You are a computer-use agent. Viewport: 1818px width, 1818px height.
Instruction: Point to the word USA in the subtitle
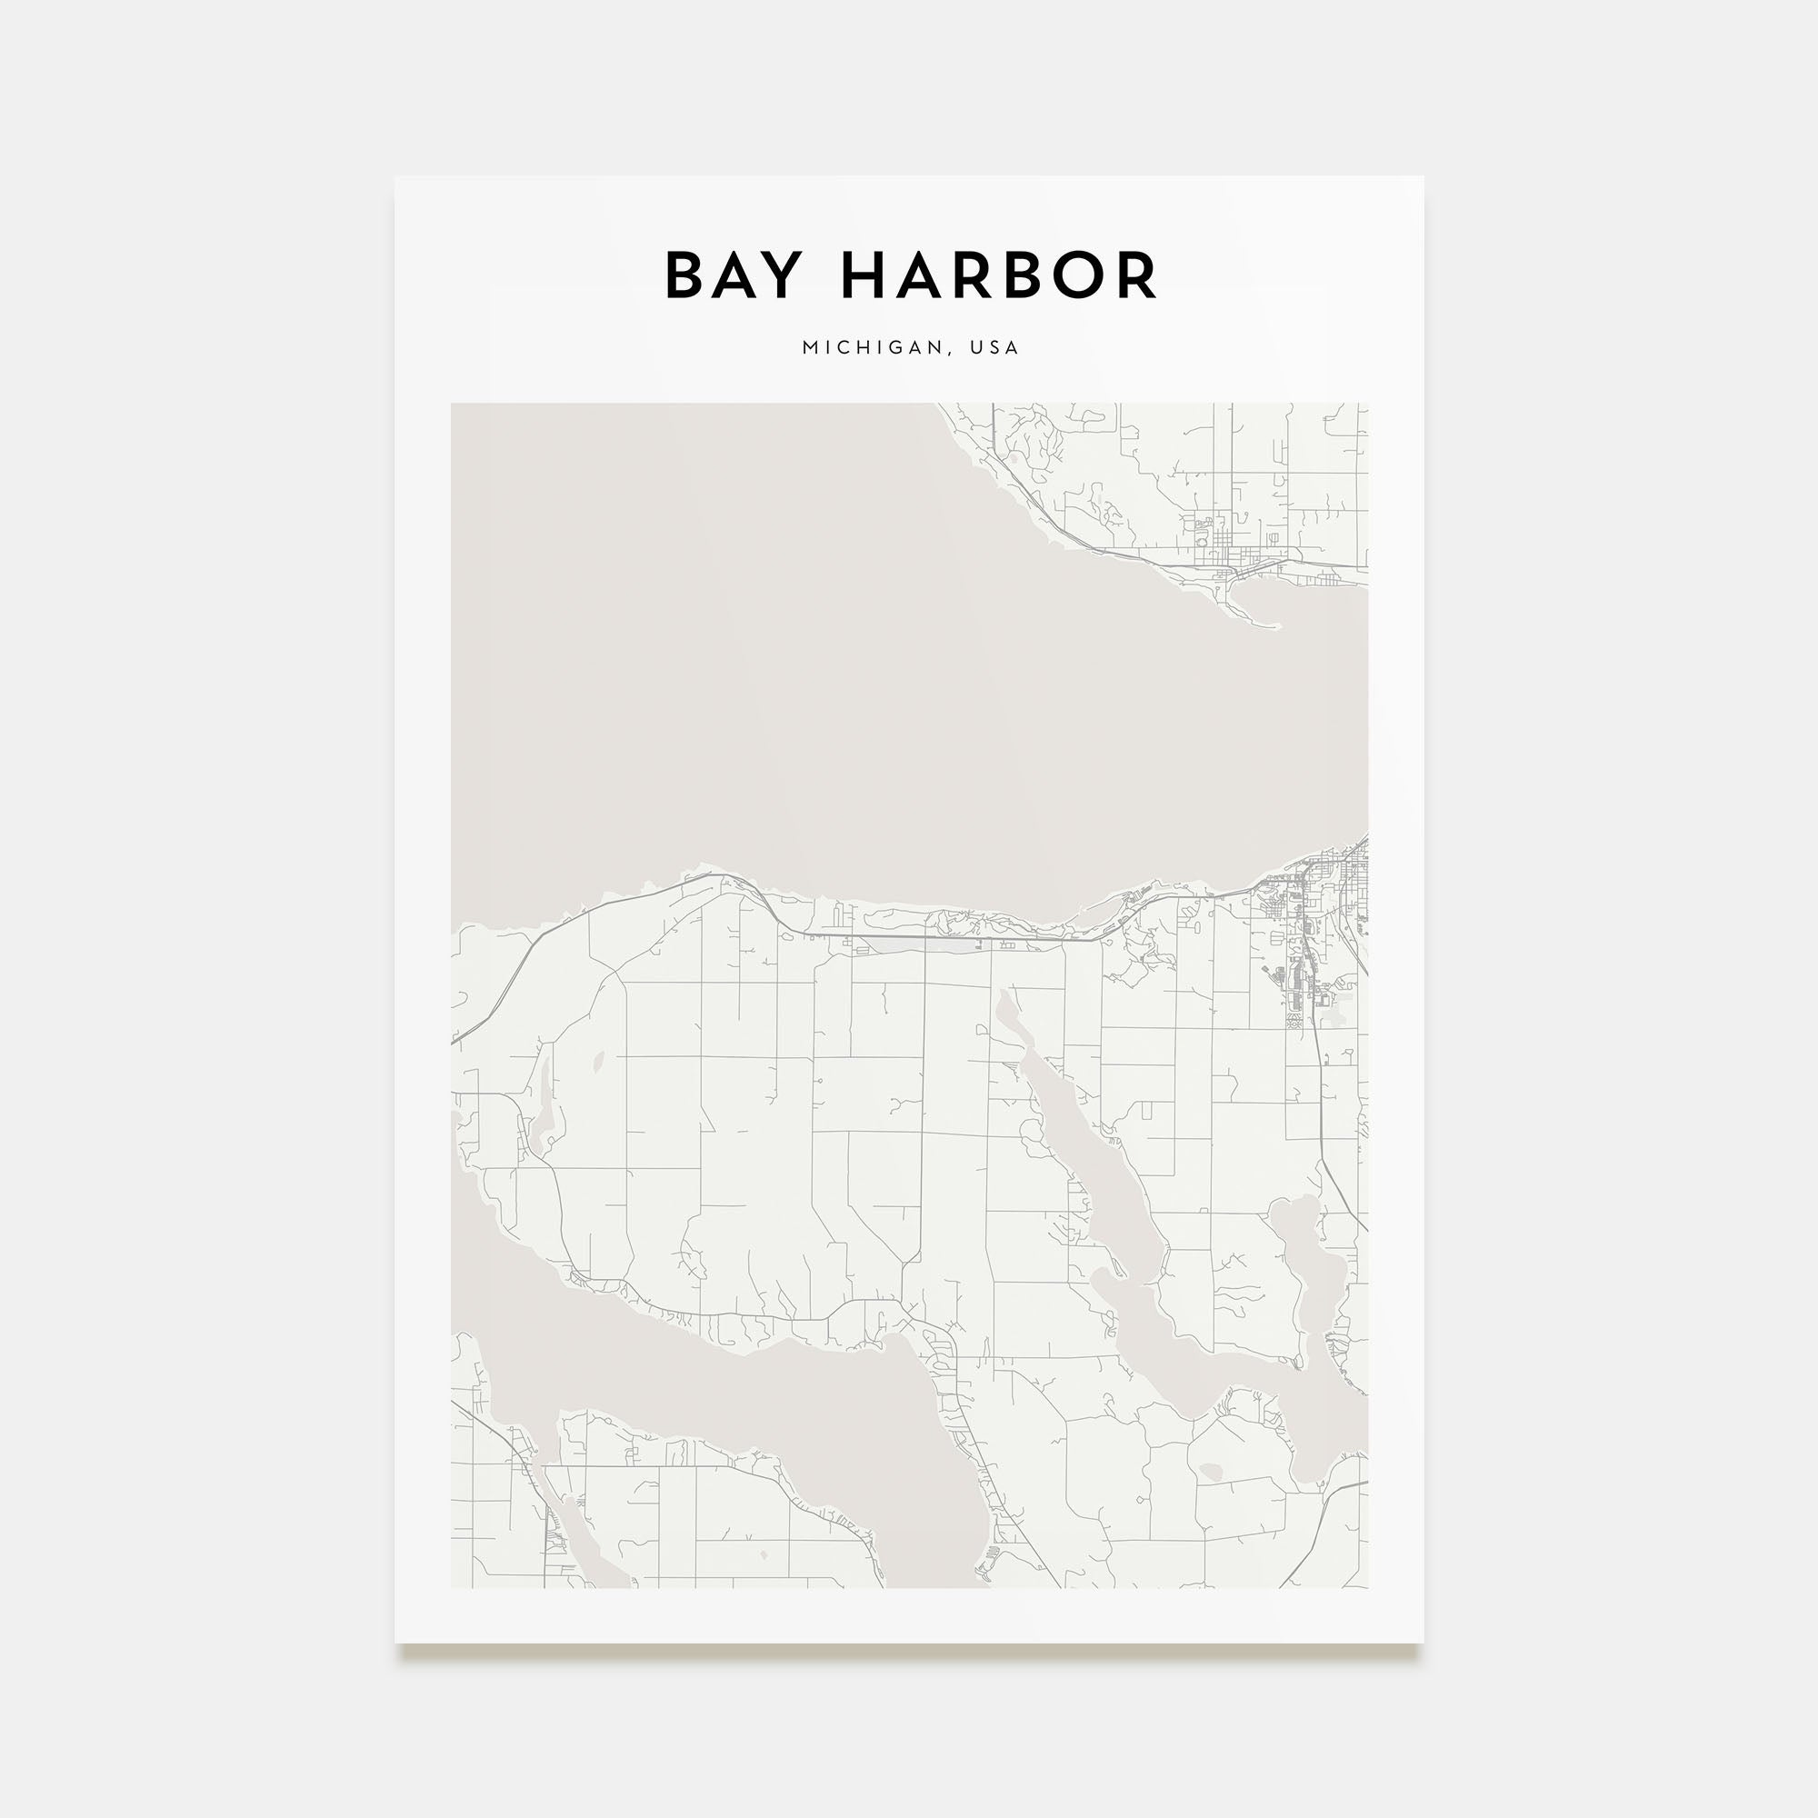pos(994,347)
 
